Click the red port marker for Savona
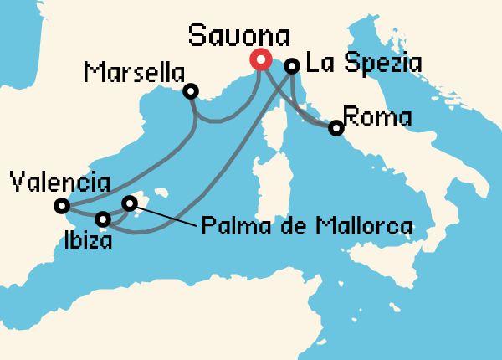point(260,60)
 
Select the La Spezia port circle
point(292,65)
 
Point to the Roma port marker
point(336,128)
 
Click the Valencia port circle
point(61,206)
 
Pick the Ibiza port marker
point(103,219)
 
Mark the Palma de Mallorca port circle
point(130,203)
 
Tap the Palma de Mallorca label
point(308,225)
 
